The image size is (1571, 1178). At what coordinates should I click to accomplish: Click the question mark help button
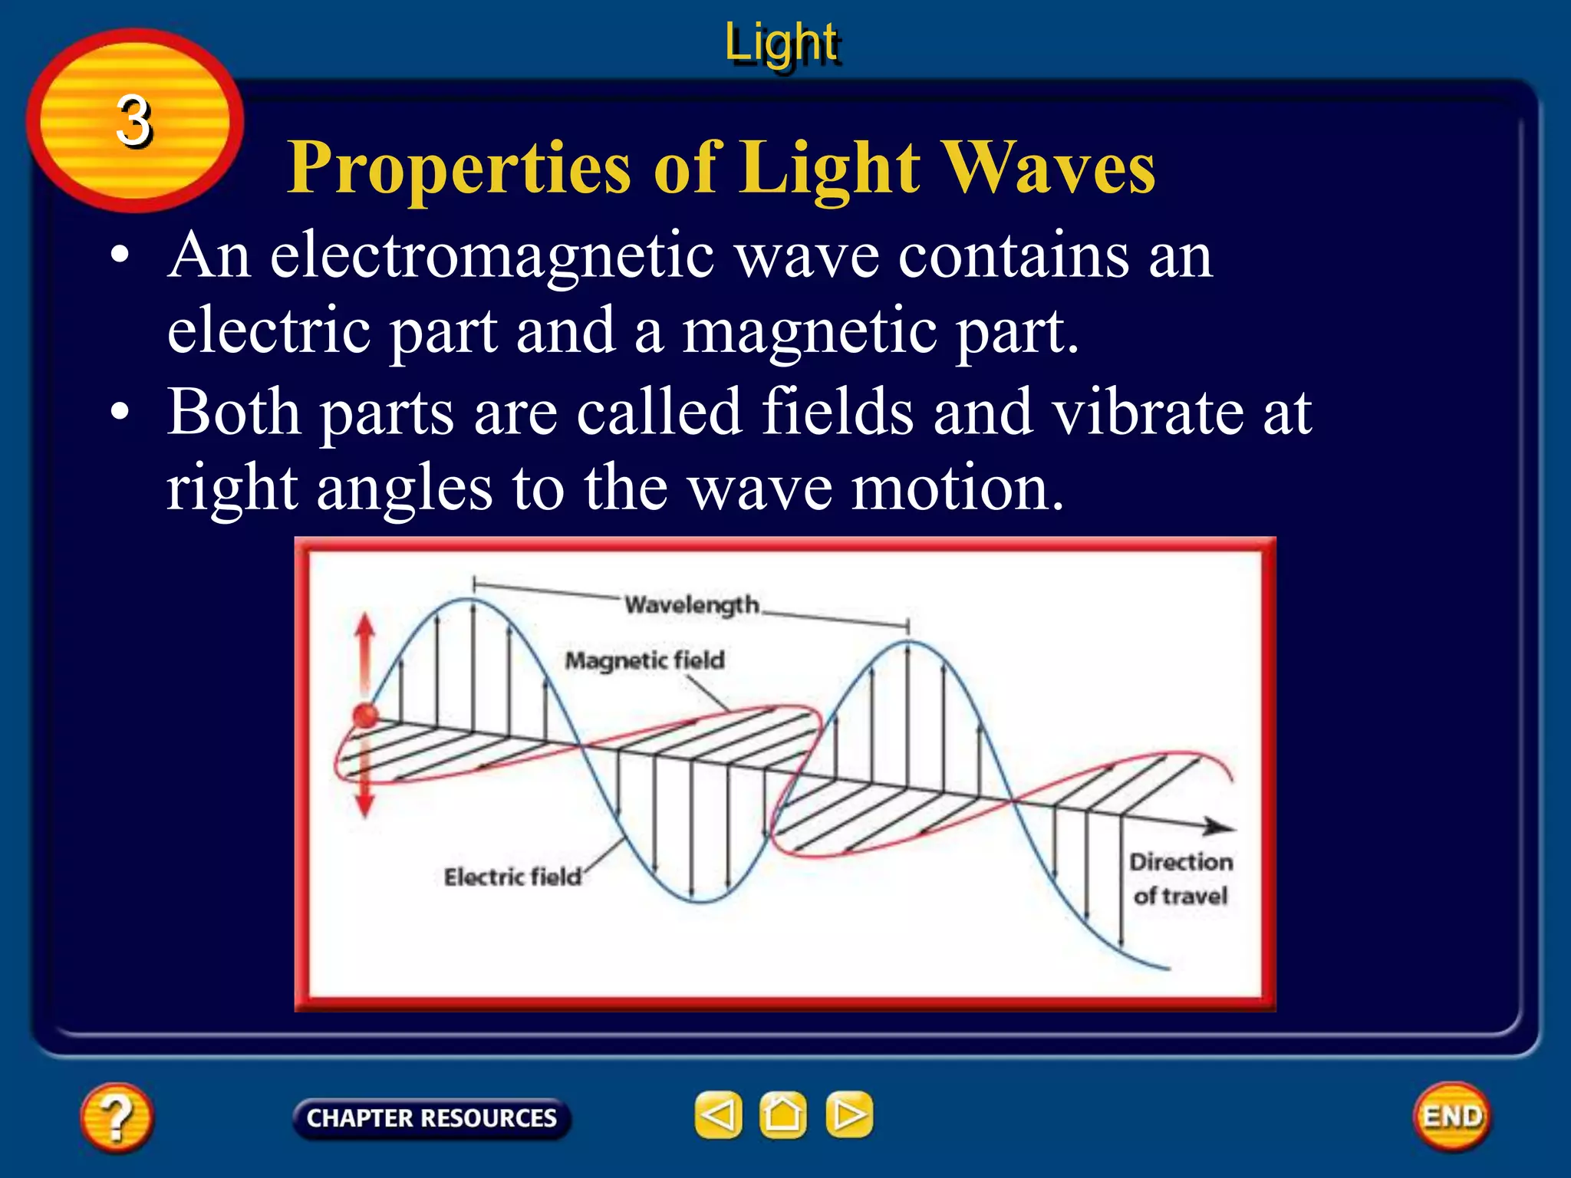click(116, 1117)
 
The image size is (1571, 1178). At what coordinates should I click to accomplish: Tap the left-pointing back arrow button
click(718, 1114)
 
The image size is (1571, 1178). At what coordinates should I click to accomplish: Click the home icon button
click(782, 1114)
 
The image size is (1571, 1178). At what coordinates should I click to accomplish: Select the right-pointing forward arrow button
click(848, 1114)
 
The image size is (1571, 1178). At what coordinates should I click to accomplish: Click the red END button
click(1452, 1116)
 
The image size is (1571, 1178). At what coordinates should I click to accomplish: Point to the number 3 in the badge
click(133, 121)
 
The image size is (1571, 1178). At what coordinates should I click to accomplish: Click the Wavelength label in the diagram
click(691, 605)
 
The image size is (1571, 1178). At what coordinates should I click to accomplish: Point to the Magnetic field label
click(644, 660)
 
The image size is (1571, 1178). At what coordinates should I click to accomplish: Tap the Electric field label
click(512, 877)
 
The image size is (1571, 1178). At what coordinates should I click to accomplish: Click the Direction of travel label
click(1181, 878)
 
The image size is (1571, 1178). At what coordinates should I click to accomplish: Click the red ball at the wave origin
click(366, 715)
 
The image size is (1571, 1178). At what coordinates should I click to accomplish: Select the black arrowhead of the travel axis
click(1220, 827)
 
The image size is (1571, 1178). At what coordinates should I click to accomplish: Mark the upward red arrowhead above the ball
click(365, 625)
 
